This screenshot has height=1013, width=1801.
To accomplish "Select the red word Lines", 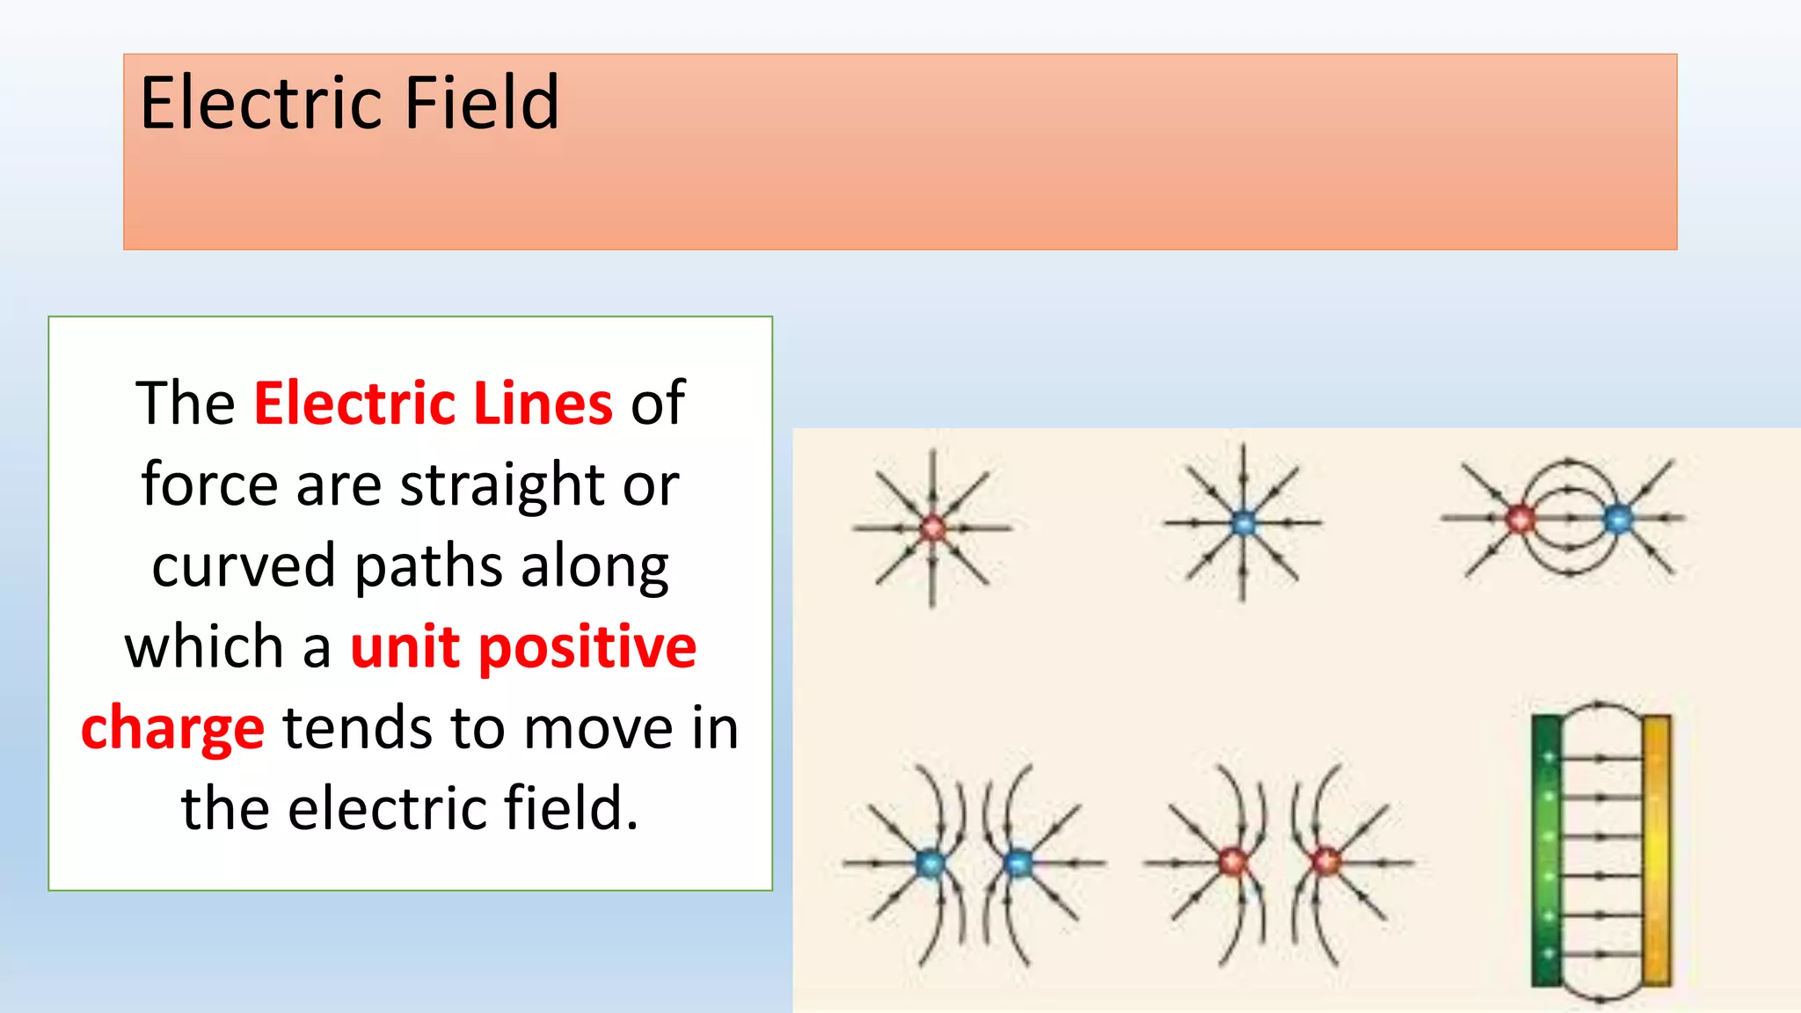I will (543, 404).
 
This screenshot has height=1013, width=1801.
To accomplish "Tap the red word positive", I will (587, 648).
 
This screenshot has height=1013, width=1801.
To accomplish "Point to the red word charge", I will (172, 730).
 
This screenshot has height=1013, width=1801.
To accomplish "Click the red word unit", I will (405, 648).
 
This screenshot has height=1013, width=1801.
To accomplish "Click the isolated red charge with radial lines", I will (932, 528).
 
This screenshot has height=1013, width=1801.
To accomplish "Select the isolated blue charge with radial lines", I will (1243, 522).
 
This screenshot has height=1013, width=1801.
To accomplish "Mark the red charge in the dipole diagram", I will (1519, 519).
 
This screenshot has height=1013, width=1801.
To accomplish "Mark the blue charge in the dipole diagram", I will (1617, 519).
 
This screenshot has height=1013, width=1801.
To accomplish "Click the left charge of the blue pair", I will (930, 864).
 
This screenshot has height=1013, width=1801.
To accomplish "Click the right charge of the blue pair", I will (1017, 864).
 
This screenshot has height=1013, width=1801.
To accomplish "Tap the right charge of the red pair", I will (1324, 862).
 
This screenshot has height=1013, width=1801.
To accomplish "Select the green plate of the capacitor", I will (1547, 849).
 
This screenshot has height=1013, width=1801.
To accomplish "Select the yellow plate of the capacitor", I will (1656, 849).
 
